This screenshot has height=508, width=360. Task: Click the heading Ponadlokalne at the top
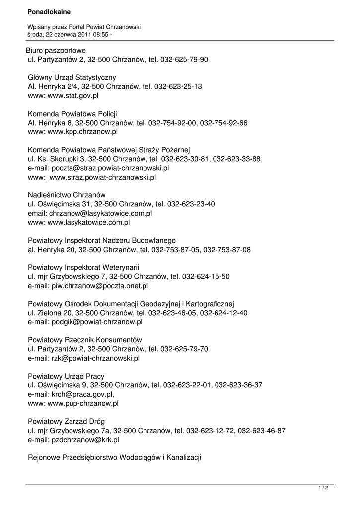(49, 11)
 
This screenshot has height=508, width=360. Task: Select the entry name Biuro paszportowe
(56, 51)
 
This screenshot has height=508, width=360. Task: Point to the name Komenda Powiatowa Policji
(72, 114)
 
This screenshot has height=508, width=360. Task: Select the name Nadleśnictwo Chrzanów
(67, 195)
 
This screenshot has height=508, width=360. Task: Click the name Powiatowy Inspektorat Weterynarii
(83, 268)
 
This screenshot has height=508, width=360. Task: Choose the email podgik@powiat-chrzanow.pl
(97, 322)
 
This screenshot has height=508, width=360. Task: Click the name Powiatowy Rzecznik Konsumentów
(85, 340)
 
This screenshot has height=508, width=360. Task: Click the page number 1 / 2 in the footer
(323, 488)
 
